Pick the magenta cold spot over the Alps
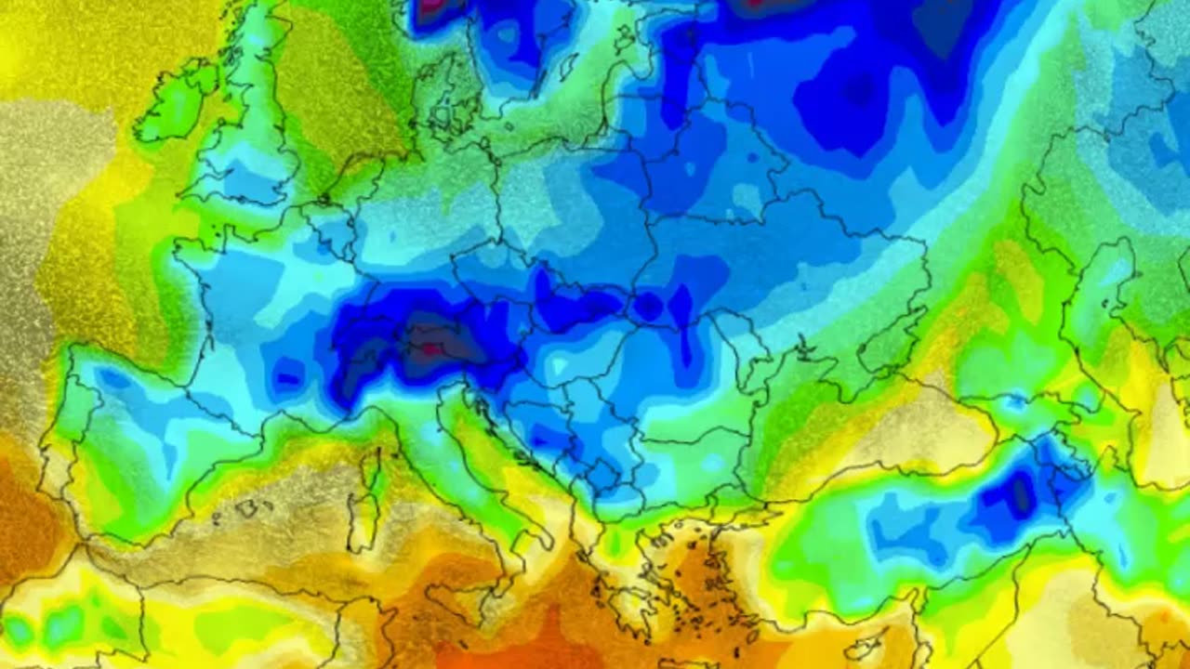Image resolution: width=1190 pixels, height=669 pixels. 430,350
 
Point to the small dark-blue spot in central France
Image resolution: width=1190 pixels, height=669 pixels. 288,377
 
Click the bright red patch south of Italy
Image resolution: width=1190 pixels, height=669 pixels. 521,641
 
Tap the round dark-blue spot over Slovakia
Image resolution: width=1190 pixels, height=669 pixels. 648,306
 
